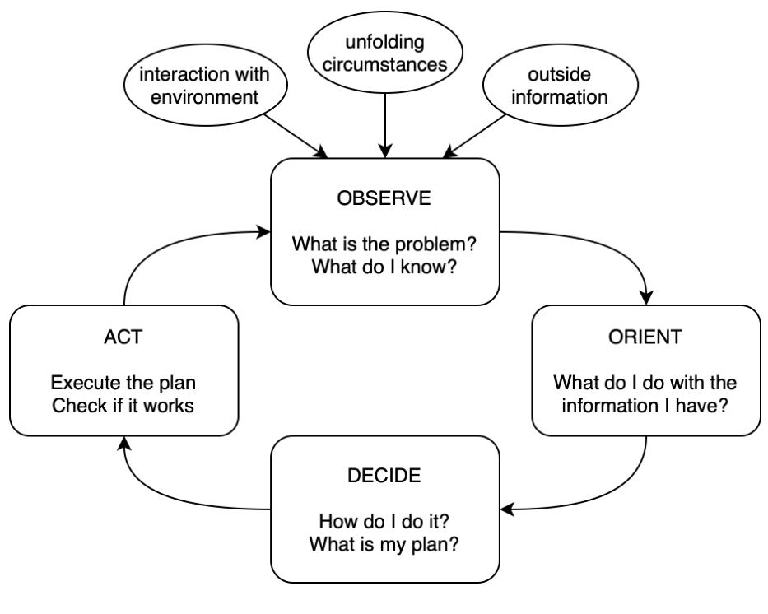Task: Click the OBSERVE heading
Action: [x=384, y=201]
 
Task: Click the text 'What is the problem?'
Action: [x=384, y=245]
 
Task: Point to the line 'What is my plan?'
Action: [x=384, y=543]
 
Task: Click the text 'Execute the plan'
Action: [x=124, y=384]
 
